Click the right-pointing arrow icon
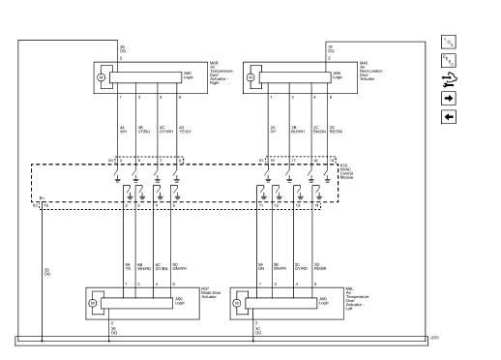448,98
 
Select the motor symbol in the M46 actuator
251,75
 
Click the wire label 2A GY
274,130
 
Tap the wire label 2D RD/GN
335,130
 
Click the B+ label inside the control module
42,199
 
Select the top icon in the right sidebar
448,41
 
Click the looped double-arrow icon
448,79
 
